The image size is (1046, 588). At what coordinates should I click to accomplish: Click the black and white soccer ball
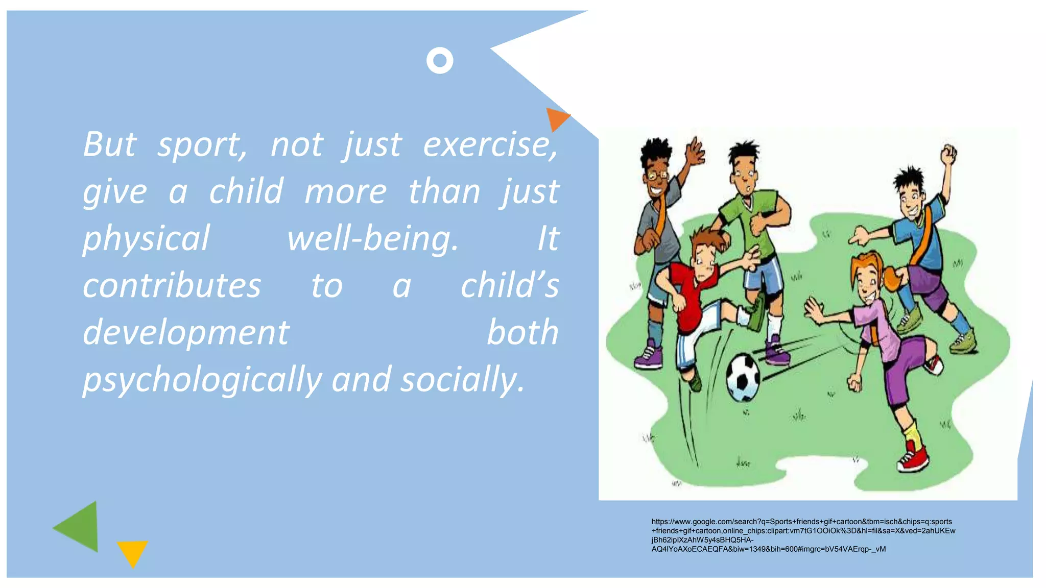click(x=744, y=378)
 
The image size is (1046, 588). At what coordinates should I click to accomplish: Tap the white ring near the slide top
click(x=440, y=61)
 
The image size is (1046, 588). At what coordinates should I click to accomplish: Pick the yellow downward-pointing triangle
click(x=132, y=552)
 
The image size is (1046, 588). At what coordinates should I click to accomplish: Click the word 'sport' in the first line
click(x=202, y=145)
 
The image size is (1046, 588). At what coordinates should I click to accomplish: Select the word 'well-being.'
click(x=373, y=239)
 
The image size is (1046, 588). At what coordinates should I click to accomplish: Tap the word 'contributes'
click(x=172, y=286)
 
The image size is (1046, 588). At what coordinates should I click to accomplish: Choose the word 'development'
click(x=186, y=333)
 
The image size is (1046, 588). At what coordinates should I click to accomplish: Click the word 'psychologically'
click(x=202, y=380)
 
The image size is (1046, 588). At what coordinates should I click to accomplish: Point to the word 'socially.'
click(x=462, y=380)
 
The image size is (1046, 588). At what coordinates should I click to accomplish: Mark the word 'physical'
click(x=147, y=239)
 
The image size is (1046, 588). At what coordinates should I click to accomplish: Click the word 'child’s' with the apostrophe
click(x=510, y=286)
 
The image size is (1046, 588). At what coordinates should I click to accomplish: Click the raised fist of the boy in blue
click(x=949, y=152)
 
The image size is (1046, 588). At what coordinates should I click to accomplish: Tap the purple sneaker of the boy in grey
click(x=648, y=356)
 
